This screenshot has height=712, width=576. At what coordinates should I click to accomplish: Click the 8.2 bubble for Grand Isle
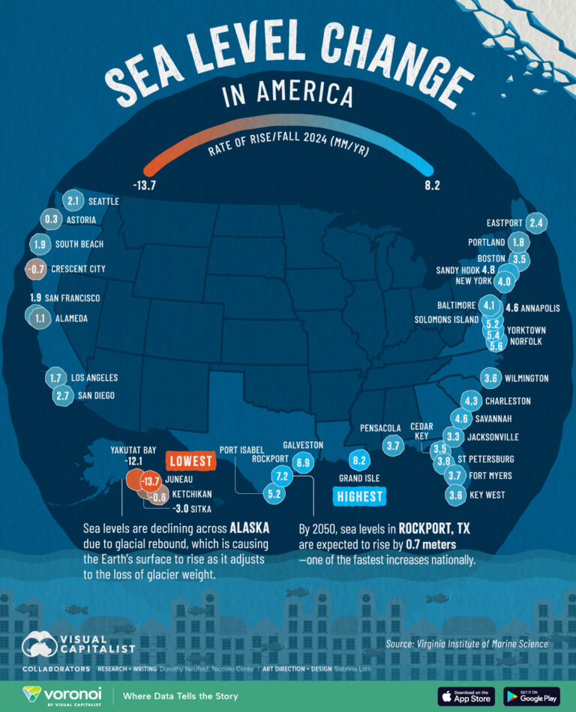click(x=359, y=459)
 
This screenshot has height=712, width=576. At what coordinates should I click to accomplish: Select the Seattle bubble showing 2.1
click(x=72, y=201)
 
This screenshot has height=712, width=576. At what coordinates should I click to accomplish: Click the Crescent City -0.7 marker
click(x=35, y=268)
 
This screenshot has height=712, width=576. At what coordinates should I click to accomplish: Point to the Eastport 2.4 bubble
click(x=535, y=223)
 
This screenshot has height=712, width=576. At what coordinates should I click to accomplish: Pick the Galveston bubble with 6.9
click(x=303, y=463)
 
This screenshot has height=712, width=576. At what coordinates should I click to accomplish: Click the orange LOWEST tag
click(x=190, y=461)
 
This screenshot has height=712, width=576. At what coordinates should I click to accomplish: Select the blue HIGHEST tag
click(x=358, y=495)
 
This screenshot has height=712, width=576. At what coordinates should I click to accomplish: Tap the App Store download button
click(x=466, y=696)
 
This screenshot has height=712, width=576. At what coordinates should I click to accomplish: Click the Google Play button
click(x=531, y=696)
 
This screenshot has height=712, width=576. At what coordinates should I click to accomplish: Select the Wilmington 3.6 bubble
click(x=491, y=378)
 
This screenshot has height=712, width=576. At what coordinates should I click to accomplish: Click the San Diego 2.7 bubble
click(x=63, y=395)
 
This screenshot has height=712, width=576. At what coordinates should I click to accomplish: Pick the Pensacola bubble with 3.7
click(x=392, y=446)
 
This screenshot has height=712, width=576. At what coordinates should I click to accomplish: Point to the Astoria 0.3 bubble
click(x=52, y=220)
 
